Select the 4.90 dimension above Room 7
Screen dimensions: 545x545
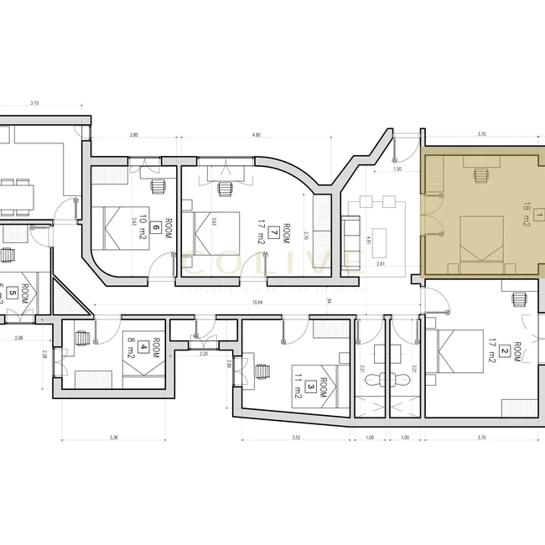[x=256, y=134]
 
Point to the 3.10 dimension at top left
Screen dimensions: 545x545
[x=34, y=102]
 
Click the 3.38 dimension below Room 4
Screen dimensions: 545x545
[x=113, y=437]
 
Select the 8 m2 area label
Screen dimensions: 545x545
[x=132, y=346]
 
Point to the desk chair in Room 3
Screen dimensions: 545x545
[x=263, y=370]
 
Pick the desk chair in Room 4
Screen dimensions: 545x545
[x=81, y=339]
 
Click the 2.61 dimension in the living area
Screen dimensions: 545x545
[x=381, y=263]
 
